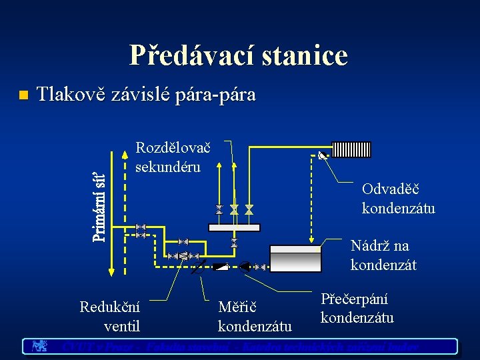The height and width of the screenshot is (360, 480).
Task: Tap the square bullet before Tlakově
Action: (x=22, y=95)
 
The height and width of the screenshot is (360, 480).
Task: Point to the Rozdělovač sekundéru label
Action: (x=172, y=157)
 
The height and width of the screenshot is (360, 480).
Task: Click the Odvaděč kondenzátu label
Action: (x=398, y=199)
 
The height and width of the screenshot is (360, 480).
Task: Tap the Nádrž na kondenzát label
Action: (x=383, y=255)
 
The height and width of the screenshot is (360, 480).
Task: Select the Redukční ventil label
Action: (x=110, y=317)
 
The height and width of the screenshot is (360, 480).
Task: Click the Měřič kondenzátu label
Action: (x=255, y=317)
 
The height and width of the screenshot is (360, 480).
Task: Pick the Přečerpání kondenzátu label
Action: (x=357, y=309)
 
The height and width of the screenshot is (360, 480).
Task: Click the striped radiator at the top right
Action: (x=351, y=149)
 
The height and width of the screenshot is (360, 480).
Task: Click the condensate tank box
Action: (x=297, y=256)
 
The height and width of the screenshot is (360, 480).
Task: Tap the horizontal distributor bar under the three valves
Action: (x=233, y=227)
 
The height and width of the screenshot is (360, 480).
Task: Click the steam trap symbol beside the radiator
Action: (x=323, y=156)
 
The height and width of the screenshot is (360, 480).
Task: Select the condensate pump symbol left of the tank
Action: (x=245, y=267)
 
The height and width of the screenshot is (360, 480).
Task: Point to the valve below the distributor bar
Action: (x=233, y=243)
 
